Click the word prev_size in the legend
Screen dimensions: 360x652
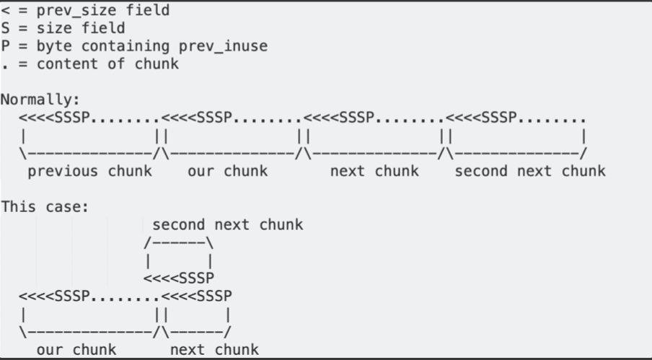[76, 11]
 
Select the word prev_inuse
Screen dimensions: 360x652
[223, 46]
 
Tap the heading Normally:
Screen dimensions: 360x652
[41, 100]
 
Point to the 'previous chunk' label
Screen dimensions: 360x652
[90, 171]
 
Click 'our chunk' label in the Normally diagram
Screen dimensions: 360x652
[227, 171]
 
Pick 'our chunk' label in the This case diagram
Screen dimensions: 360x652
[76, 350]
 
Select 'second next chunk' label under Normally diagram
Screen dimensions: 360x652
[530, 171]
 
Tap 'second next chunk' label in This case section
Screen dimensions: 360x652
[227, 225]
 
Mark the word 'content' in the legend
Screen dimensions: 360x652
[68, 64]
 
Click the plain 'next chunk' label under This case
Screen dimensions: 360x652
[214, 350]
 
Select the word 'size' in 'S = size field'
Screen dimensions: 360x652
[54, 29]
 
